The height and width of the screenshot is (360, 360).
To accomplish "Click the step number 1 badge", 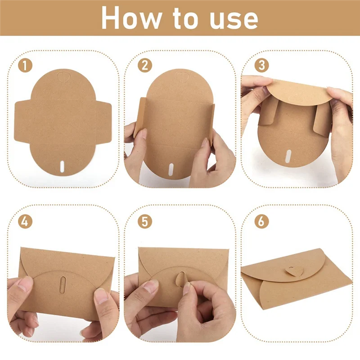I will [x=25, y=65].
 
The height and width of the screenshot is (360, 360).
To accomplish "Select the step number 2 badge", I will [x=144, y=65].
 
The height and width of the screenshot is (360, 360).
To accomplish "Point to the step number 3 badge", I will [x=261, y=65].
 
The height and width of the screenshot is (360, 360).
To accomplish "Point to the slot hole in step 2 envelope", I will [x=171, y=169].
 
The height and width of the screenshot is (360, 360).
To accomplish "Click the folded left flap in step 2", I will [x=141, y=119].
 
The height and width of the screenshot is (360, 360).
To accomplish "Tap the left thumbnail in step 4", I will [x=26, y=284].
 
